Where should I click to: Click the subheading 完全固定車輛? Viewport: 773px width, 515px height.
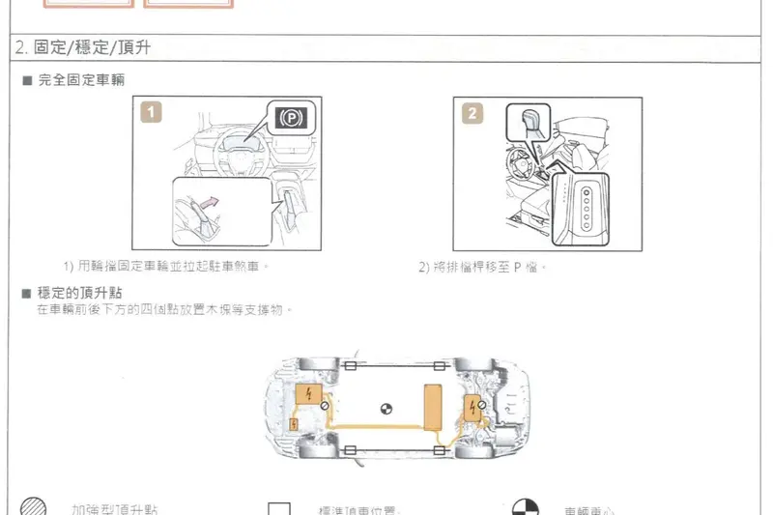(81, 79)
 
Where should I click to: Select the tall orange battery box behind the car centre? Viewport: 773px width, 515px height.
(432, 405)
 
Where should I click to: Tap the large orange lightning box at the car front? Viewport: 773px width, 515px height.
(310, 395)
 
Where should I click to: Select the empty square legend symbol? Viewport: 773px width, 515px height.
(279, 509)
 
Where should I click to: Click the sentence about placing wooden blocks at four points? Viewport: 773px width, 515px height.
(164, 309)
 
